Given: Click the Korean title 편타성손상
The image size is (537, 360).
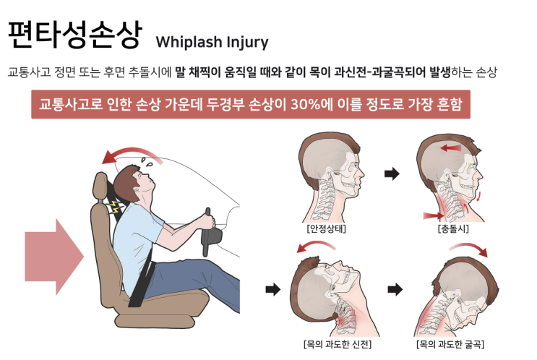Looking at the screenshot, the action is tap(74, 35).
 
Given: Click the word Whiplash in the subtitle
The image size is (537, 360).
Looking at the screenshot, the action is tap(189, 42).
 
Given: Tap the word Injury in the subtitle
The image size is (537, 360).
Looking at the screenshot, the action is tap(247, 42).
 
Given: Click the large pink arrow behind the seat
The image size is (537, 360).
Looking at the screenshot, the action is tap(54, 257).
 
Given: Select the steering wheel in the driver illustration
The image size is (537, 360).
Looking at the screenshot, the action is tap(210, 232).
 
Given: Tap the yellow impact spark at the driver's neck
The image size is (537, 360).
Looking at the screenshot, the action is tap(116, 207).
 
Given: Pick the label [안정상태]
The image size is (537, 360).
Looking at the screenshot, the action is tap(327, 228).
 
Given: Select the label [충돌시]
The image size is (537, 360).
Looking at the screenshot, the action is tap(453, 228).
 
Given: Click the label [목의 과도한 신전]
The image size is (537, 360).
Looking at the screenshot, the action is tap(338, 344).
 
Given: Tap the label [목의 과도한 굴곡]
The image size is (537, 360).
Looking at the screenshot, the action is tap(450, 344).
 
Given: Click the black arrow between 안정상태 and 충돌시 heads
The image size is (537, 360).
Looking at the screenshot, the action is tap(392, 173).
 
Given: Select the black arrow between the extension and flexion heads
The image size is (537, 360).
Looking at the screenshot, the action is tap(395, 290).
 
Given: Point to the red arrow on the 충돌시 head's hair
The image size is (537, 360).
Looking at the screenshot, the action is tap(451, 148).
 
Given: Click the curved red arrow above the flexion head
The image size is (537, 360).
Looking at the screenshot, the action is tap(470, 247).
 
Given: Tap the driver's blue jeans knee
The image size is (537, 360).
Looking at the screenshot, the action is tap(205, 267).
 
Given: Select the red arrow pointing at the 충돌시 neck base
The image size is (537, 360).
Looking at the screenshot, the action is tap(434, 216).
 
